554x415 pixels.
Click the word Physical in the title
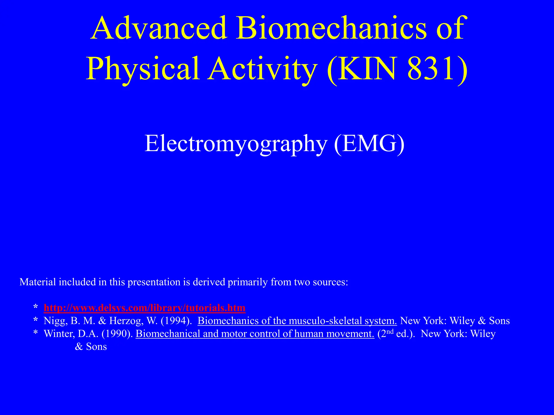(143, 69)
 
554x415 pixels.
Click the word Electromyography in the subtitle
(235, 144)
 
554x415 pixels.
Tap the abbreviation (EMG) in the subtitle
(369, 144)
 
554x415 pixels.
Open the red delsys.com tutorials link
(144, 308)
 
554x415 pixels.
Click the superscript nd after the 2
(390, 332)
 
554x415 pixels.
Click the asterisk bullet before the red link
(35, 308)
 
